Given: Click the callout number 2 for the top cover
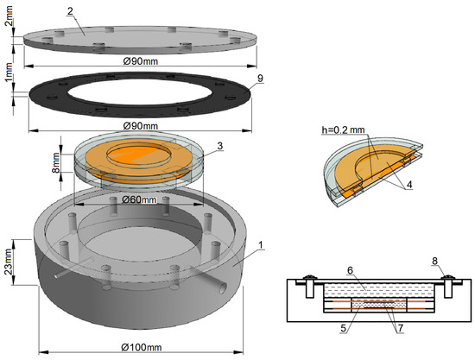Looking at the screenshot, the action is pyautogui.click(x=70, y=11).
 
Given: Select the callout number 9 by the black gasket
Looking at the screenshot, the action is pyautogui.click(x=260, y=78).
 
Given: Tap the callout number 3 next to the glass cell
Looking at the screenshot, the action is pyautogui.click(x=220, y=146).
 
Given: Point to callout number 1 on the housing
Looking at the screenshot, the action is pyautogui.click(x=261, y=244).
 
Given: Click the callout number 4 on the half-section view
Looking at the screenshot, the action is pyautogui.click(x=409, y=185).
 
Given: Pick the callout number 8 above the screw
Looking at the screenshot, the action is pyautogui.click(x=434, y=261).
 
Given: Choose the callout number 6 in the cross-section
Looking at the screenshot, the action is pyautogui.click(x=350, y=270).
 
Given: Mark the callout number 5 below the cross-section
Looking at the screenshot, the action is pyautogui.click(x=343, y=328).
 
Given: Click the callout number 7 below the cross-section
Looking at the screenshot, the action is pyautogui.click(x=401, y=328).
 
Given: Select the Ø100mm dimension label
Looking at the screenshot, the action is pyautogui.click(x=142, y=347).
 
